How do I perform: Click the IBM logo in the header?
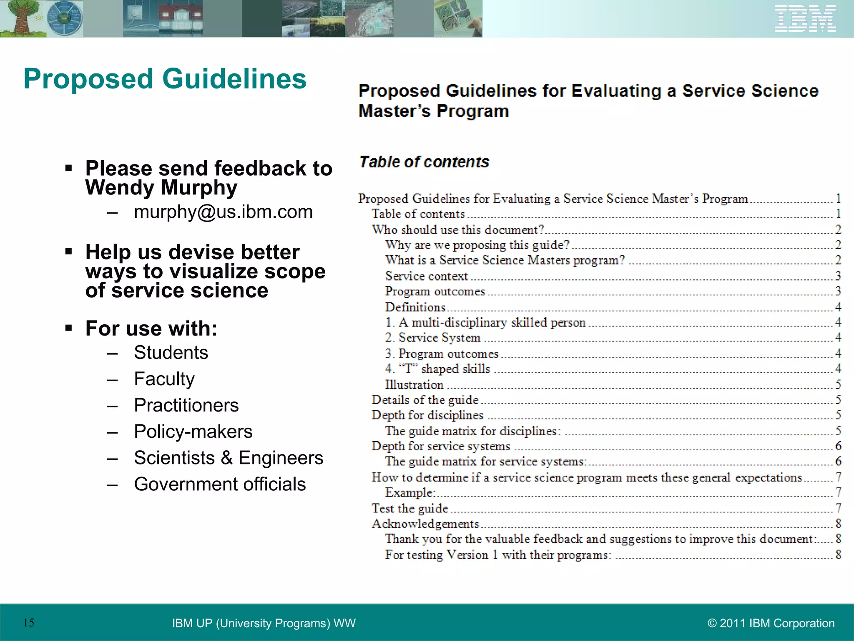[805, 19]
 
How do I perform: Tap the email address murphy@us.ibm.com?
[223, 212]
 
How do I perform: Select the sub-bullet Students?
[171, 353]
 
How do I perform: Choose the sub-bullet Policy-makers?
[193, 432]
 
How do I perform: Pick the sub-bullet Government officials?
[220, 484]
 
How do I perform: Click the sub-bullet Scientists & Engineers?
[229, 458]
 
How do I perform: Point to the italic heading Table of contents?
[424, 162]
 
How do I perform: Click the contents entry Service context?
[426, 276]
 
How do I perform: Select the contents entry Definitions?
[415, 307]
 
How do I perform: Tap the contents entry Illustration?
[414, 384]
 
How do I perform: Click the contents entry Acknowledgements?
[425, 524]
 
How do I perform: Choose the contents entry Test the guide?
[410, 508]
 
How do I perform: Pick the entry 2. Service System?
[433, 338]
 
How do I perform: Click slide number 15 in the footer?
[29, 623]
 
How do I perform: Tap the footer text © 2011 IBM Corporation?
[771, 623]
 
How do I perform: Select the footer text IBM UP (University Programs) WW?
[264, 623]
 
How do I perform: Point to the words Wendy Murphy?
[161, 187]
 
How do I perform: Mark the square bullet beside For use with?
[69, 328]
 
